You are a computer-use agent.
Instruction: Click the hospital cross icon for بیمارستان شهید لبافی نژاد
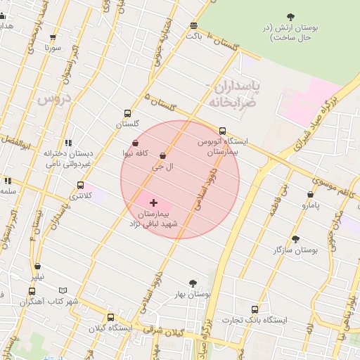(153, 202)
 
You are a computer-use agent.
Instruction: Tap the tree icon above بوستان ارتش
(291, 17)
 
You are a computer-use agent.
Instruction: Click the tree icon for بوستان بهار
(193, 283)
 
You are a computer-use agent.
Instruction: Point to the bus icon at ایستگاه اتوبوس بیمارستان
(222, 131)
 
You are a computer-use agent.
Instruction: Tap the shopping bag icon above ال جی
(163, 155)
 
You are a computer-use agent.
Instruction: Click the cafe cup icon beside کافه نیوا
(135, 143)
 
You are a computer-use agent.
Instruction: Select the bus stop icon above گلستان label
(127, 112)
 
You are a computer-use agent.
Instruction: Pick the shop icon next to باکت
(193, 26)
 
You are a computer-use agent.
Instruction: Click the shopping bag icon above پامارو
(310, 195)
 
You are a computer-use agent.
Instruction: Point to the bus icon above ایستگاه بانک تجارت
(255, 309)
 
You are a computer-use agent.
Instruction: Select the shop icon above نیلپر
(37, 266)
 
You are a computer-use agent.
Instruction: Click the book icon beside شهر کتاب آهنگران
(63, 290)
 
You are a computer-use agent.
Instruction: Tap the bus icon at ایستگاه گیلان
(110, 317)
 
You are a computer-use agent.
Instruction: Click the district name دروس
(51, 99)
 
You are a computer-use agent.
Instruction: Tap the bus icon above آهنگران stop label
(32, 291)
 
